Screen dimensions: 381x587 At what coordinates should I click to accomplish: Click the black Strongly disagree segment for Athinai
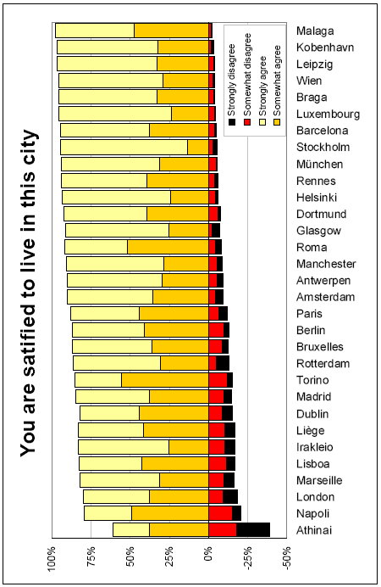[253, 529]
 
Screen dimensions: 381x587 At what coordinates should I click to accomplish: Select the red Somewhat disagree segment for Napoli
[220, 513]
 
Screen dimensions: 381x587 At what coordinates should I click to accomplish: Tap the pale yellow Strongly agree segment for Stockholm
[124, 147]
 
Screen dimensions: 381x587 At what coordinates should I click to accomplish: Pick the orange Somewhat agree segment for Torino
[165, 380]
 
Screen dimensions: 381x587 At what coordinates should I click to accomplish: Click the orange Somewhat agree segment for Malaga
[171, 31]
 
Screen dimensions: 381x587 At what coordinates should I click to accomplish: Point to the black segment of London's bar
[230, 496]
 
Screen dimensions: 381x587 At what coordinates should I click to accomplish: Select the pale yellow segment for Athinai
[131, 529]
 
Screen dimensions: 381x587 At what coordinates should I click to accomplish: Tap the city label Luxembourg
[328, 114]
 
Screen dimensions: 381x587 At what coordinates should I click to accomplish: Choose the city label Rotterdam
[323, 364]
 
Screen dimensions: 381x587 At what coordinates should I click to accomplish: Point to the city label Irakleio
[314, 447]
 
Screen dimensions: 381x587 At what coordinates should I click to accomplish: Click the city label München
[319, 164]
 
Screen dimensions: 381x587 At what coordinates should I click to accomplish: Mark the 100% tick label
[52, 559]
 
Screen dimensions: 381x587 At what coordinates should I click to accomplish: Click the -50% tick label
[287, 558]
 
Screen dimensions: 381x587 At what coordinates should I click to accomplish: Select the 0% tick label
[208, 556]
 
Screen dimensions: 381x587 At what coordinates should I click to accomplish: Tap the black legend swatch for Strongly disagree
[232, 121]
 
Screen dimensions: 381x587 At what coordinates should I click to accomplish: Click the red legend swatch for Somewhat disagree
[247, 121]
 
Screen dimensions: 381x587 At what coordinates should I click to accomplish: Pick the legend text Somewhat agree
[277, 80]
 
